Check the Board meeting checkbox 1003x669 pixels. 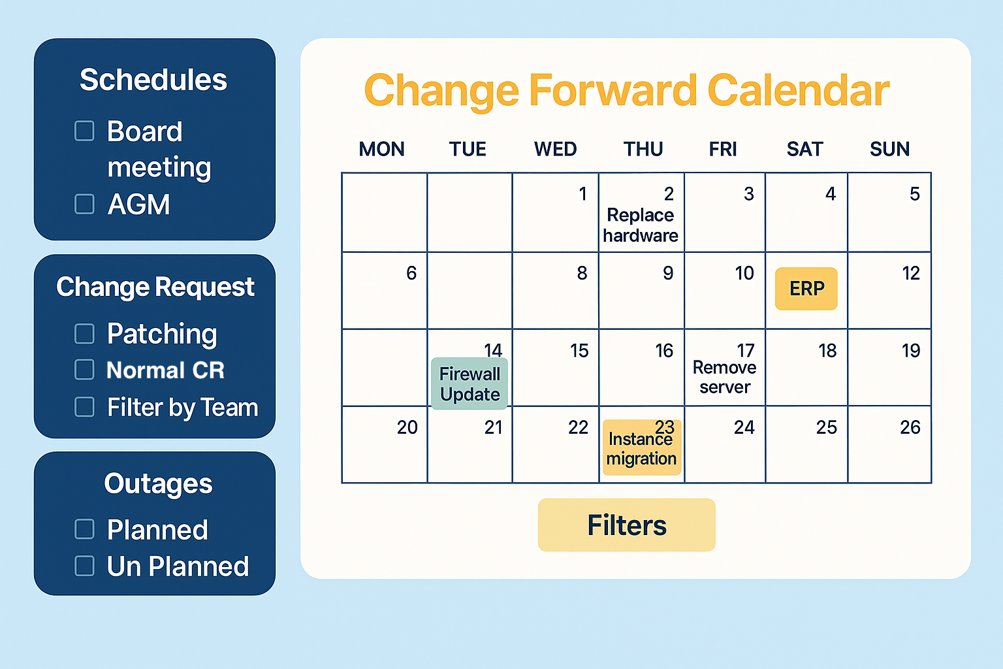coord(84,131)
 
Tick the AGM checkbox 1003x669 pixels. coord(84,204)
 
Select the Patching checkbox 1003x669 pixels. coord(84,334)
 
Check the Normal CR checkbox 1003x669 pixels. coord(84,370)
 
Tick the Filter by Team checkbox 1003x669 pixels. coord(84,407)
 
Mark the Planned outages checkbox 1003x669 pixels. coord(84,529)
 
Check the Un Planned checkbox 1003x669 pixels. coord(84,566)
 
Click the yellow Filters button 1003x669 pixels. coord(626,525)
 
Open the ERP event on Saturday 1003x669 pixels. coord(806,289)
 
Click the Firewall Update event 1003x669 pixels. coord(470,383)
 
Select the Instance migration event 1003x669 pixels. coord(642,447)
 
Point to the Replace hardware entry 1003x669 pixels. coord(641,225)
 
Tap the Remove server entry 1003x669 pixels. coord(724,378)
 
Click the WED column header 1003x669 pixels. coord(555,149)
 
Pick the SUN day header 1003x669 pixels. coord(890,149)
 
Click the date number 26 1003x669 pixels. coord(910,427)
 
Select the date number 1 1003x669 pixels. coord(582,194)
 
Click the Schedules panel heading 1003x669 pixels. coord(153,80)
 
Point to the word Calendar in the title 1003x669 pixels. coord(799,91)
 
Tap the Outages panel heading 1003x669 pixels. coord(158,484)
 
